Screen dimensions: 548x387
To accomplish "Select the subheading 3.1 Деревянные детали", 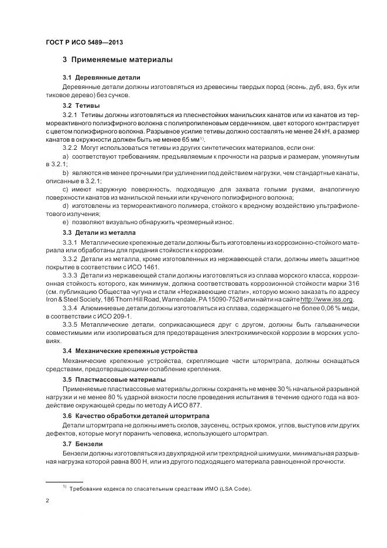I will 101,78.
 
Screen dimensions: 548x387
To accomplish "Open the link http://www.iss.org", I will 327,299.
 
